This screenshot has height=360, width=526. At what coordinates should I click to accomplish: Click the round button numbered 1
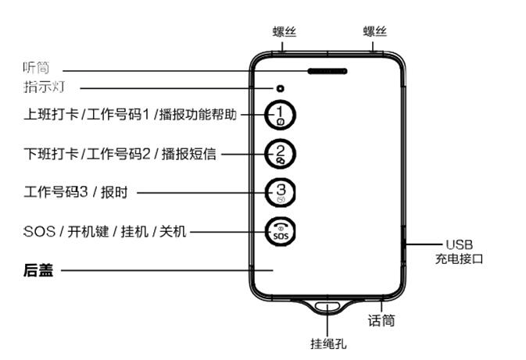click(x=282, y=115)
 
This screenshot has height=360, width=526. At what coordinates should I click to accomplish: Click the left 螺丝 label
click(x=284, y=32)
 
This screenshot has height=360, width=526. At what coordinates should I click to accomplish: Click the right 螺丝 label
click(x=375, y=32)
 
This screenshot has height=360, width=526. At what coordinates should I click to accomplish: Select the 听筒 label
click(x=36, y=69)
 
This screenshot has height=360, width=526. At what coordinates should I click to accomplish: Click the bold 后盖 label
click(x=38, y=271)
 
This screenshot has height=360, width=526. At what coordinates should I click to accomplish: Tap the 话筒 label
click(x=381, y=320)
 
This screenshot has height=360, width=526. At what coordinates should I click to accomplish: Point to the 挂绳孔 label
click(x=327, y=344)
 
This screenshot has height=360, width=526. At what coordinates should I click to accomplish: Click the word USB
click(x=459, y=244)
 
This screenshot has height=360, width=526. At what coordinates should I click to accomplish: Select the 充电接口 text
click(x=460, y=258)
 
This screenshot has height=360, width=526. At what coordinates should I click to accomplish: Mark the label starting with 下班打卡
click(x=120, y=154)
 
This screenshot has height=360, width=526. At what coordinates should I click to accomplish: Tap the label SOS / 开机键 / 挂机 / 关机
click(x=105, y=231)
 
